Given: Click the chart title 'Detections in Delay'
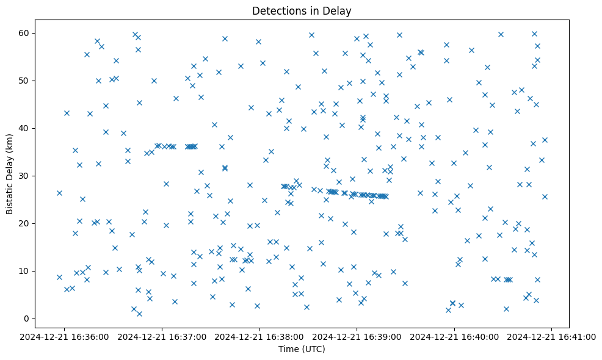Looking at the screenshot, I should coord(302,11).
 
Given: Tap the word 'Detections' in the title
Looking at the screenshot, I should coord(277,11).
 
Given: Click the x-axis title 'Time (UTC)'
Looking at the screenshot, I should coord(302,349).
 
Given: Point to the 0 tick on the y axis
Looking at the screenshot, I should coord(27,319).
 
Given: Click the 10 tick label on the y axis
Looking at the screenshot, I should coord(24,271).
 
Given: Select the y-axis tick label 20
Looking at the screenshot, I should coord(24,223).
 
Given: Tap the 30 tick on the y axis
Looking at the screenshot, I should coord(24,176).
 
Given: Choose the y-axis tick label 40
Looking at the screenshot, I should coord(24,128).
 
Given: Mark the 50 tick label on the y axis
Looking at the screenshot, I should coord(24,81).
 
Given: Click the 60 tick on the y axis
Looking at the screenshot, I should coord(24,33).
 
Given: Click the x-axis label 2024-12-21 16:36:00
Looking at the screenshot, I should coord(65,336).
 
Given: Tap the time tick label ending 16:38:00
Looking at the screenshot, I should coord(260,336).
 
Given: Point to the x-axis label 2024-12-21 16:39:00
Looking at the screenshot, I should coord(357,336).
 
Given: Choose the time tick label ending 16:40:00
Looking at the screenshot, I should coord(454,336).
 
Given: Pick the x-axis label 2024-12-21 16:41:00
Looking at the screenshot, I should coord(552,336).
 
